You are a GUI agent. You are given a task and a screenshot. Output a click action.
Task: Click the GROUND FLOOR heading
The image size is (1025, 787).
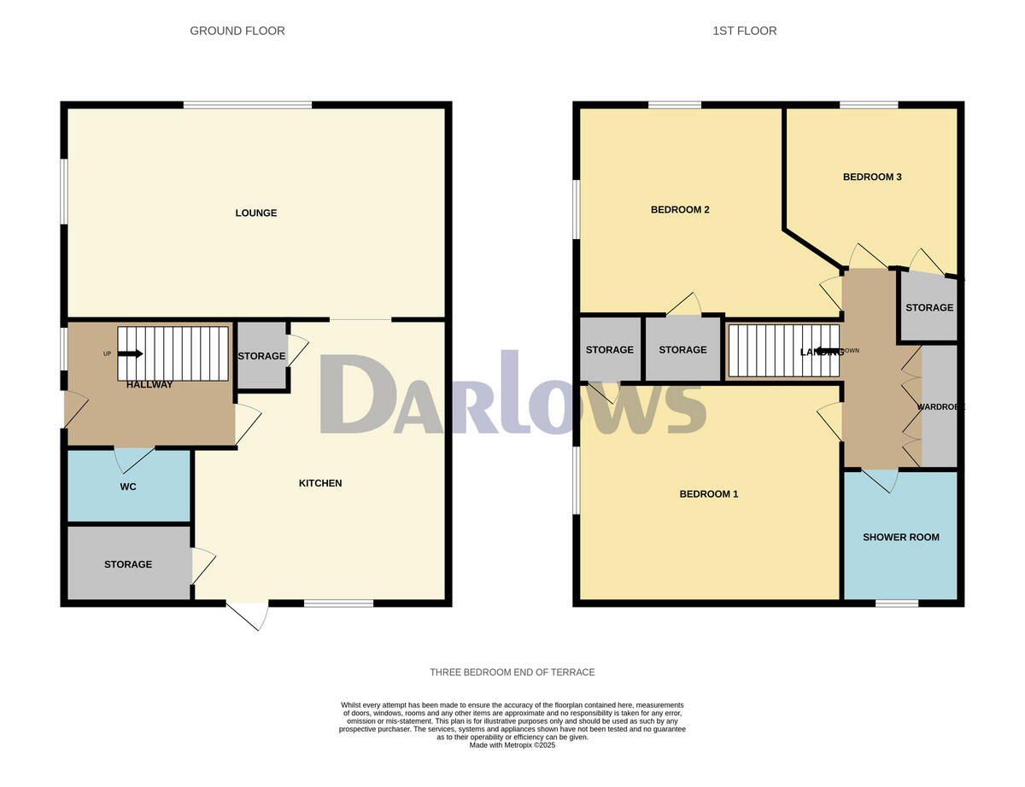pyautogui.click(x=237, y=31)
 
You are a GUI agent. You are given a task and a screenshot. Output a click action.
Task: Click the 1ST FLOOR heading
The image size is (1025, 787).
pyautogui.click(x=745, y=31)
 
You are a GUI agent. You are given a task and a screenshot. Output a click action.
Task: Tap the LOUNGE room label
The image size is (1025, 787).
pyautogui.click(x=256, y=213)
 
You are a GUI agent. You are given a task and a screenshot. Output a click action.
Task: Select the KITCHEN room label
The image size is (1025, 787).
pyautogui.click(x=320, y=483)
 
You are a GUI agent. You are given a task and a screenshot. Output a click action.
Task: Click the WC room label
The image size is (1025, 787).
pyautogui.click(x=128, y=487)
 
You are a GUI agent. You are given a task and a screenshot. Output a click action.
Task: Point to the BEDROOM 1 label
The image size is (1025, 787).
pyautogui.click(x=708, y=494)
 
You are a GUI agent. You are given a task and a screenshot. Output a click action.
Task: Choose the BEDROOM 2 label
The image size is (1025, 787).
pyautogui.click(x=681, y=210)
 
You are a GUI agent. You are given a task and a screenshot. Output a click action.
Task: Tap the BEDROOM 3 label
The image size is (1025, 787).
pyautogui.click(x=872, y=178)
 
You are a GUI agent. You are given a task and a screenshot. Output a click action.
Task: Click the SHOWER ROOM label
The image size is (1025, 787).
pyautogui.click(x=900, y=537)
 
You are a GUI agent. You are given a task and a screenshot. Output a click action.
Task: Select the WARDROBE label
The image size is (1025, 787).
pyautogui.click(x=940, y=407)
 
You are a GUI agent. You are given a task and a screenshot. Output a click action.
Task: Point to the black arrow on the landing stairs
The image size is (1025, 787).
pyautogui.click(x=827, y=351)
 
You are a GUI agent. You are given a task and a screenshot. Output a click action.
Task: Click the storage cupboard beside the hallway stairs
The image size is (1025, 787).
pyautogui.click(x=261, y=356)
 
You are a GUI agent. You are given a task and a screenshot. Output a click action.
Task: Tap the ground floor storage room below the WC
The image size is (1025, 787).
pyautogui.click(x=128, y=563)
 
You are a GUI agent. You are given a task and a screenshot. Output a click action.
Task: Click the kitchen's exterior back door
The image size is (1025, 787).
pyautogui.click(x=248, y=615)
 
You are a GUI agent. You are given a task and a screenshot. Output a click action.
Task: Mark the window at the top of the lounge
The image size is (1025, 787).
pyautogui.click(x=248, y=105)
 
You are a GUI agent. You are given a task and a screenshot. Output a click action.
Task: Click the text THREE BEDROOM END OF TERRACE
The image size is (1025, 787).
pyautogui.click(x=512, y=673)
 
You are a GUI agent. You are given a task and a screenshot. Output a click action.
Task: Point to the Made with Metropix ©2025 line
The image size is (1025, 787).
pyautogui.click(x=512, y=745)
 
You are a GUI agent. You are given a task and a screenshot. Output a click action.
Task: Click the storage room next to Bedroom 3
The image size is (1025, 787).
pyautogui.click(x=928, y=307)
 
